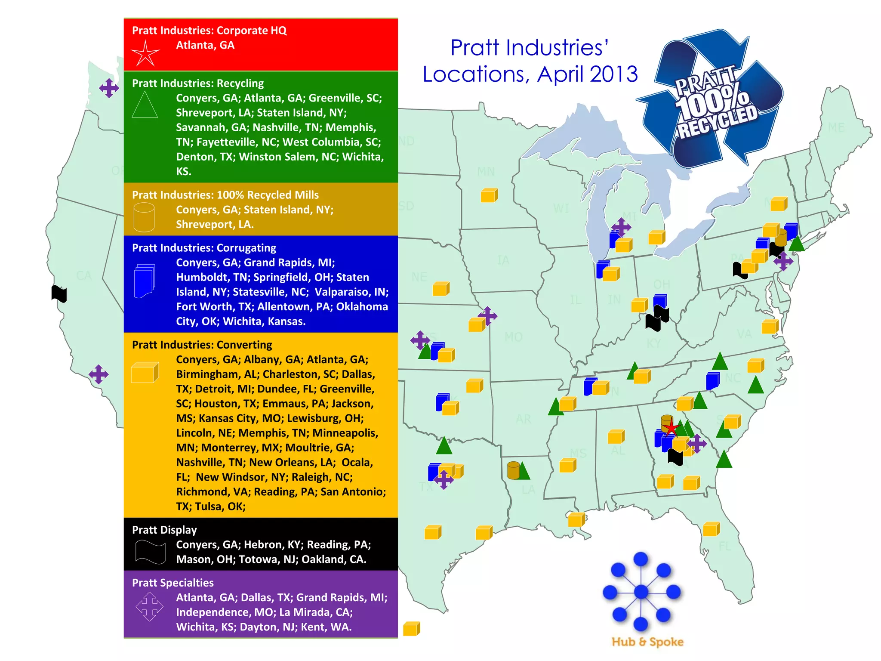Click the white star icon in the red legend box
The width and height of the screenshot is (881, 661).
click(145, 53)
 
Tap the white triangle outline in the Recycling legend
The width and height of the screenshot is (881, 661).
click(145, 105)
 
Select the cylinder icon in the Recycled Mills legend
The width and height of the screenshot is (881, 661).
click(144, 217)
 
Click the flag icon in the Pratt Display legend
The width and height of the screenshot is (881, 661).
click(150, 551)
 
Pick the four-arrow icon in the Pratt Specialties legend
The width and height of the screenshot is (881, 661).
click(149, 606)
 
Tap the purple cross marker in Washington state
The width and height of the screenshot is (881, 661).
click(109, 88)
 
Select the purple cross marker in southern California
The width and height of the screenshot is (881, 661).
click(99, 374)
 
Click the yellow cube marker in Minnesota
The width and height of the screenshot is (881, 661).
click(489, 195)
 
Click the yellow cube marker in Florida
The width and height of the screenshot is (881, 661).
click(711, 529)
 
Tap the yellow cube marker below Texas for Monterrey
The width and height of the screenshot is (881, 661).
click(411, 629)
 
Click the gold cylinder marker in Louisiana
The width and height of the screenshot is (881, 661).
click(513, 470)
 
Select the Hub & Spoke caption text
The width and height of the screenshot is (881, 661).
click(647, 642)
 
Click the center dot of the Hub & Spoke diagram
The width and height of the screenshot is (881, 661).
click(641, 592)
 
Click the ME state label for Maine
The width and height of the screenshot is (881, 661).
click(836, 127)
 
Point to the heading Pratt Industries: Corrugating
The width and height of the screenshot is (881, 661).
click(204, 248)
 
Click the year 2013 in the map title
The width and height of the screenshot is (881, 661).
click(614, 74)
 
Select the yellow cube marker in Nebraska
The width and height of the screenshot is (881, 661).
click(441, 289)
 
